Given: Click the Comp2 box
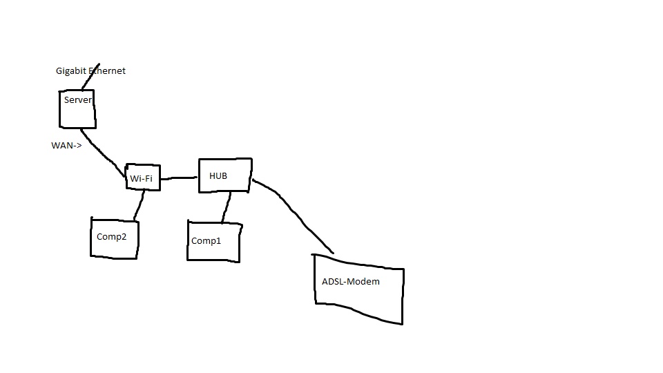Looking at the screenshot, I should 114,238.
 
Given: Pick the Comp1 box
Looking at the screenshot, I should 213,242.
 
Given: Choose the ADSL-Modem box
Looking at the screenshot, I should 358,287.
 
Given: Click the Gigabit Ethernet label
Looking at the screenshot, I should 90,71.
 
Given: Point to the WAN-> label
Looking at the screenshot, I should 66,146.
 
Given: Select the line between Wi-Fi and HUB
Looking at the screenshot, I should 179,178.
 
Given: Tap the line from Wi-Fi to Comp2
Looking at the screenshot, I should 139,205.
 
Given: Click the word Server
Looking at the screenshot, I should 78,100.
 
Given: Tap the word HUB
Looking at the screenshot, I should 218,176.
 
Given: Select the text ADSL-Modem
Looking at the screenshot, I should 351,282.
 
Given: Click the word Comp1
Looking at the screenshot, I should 206,241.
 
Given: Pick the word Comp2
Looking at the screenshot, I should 111,237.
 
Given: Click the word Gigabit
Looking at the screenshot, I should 70,71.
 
